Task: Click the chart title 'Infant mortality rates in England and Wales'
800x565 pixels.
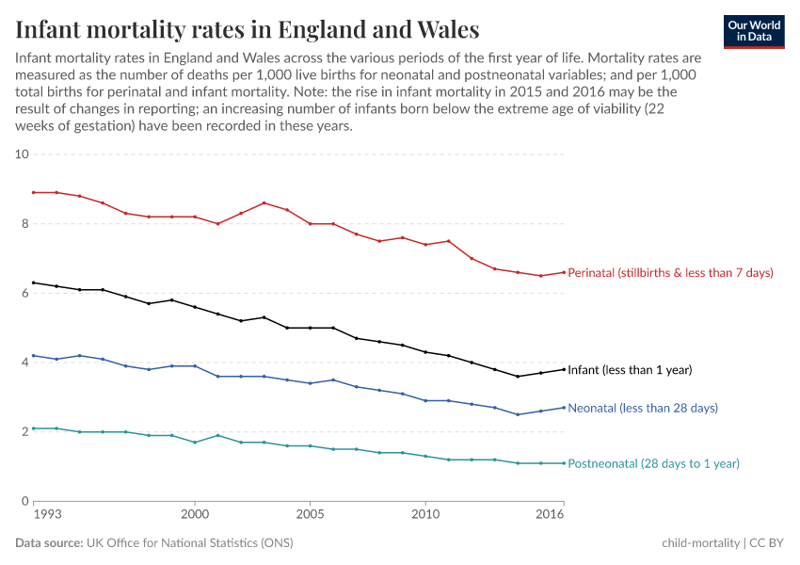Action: tap(248, 29)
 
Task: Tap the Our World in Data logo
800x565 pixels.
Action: tap(754, 31)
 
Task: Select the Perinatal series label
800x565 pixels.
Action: tap(670, 273)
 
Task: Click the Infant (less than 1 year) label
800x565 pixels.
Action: tap(630, 370)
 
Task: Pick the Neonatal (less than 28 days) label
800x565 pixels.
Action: tap(643, 408)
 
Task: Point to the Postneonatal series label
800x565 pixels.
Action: tap(653, 463)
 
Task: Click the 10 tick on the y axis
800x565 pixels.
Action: tap(23, 154)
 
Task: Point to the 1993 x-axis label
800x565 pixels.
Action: tap(46, 516)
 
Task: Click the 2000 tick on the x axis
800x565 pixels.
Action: tap(195, 516)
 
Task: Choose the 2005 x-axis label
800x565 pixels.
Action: tap(310, 516)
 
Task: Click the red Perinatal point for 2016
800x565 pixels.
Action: tap(564, 272)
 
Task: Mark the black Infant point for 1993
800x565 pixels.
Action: tap(34, 282)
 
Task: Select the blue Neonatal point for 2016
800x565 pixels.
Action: tap(564, 408)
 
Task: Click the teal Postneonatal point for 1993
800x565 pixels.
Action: tap(34, 428)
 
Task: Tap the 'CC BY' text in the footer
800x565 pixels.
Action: tap(768, 543)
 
